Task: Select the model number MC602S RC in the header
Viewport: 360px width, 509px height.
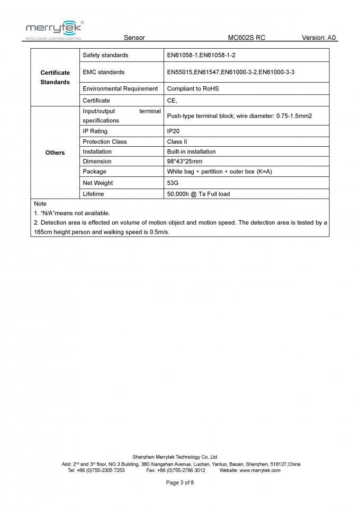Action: [246, 38]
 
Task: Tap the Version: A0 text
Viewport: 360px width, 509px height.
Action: [319, 38]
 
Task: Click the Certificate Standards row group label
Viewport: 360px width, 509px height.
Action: [55, 77]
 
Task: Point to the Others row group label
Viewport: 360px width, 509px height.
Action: [55, 153]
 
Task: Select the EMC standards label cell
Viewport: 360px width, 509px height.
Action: [104, 72]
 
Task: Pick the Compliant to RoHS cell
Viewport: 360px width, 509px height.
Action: [193, 88]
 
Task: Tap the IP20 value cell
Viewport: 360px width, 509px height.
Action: [174, 131]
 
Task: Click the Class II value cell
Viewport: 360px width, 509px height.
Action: [177, 141]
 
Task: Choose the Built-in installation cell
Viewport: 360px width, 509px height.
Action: [191, 151]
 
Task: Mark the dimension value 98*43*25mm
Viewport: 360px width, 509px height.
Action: [184, 161]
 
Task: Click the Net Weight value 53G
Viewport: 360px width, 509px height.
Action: [173, 183]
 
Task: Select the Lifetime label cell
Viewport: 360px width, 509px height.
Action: [93, 194]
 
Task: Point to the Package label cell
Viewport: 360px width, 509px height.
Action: [94, 172]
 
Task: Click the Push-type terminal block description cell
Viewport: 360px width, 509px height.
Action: [236, 115]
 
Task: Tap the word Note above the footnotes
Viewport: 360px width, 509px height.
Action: [40, 203]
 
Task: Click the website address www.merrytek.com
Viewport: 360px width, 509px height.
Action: [259, 470]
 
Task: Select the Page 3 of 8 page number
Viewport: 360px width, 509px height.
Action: [180, 483]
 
